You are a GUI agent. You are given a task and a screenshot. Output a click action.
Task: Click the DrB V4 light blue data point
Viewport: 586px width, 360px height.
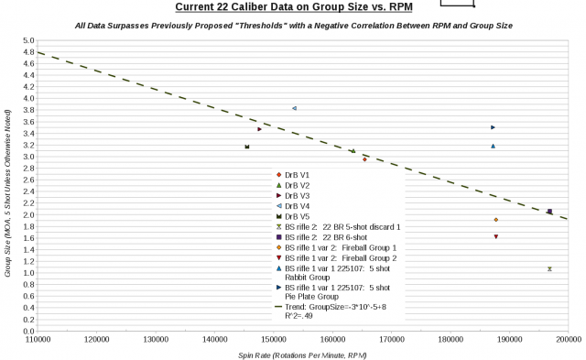[294, 108]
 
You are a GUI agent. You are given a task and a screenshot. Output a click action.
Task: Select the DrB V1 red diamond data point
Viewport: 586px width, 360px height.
[364, 159]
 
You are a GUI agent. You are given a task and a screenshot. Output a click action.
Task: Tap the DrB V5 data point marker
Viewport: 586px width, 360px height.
[247, 147]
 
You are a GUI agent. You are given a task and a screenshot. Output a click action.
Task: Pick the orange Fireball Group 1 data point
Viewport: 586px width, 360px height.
[495, 220]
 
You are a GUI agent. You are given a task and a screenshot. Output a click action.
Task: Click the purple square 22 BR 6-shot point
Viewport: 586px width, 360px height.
[549, 212]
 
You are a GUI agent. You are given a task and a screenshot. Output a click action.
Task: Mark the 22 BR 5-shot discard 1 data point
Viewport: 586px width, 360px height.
[549, 269]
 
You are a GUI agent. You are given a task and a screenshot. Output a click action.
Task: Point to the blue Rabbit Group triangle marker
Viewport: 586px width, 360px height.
[493, 146]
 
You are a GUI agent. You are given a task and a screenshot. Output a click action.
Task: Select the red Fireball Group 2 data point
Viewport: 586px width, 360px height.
[495, 236]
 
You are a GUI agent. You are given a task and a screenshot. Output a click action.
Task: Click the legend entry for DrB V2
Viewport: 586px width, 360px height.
[297, 185]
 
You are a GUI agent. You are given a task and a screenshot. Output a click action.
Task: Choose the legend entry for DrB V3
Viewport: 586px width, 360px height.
[297, 195]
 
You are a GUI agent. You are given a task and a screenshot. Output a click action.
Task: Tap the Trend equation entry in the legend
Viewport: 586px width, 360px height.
[331, 307]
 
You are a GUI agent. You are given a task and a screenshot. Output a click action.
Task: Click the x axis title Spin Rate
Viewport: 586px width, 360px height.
[302, 354]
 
